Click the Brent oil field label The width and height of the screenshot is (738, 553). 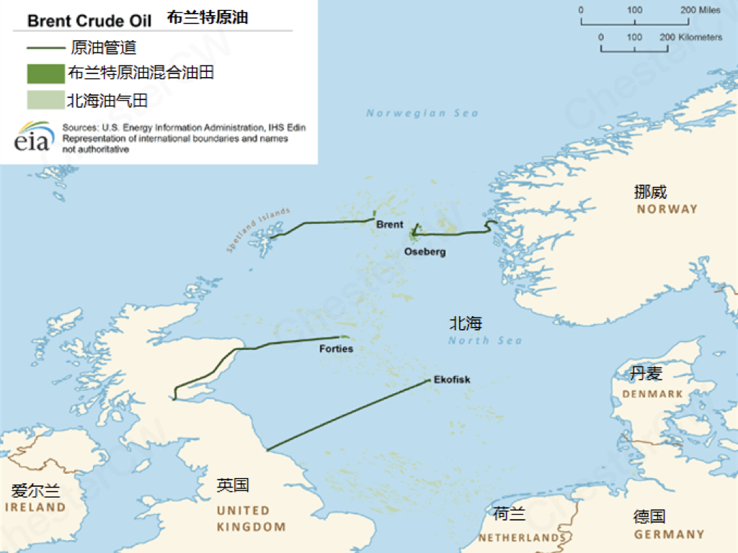click(390, 225)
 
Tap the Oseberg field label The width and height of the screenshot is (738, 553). click(424, 252)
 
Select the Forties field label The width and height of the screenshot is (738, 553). click(336, 349)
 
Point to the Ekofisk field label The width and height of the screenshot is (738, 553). click(452, 379)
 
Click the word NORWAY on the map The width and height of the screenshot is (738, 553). click(667, 209)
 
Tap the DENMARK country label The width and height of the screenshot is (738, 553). click(653, 394)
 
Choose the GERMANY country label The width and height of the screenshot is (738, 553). click(669, 534)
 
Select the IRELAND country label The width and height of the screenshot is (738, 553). click(35, 507)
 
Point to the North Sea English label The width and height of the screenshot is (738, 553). click(485, 341)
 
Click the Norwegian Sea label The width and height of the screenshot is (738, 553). click(422, 113)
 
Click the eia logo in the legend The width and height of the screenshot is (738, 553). click(33, 137)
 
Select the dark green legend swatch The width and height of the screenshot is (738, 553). click(45, 74)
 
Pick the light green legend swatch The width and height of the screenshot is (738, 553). click(45, 100)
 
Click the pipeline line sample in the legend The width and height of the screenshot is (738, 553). click(45, 49)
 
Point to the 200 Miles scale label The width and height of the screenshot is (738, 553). click(701, 10)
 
